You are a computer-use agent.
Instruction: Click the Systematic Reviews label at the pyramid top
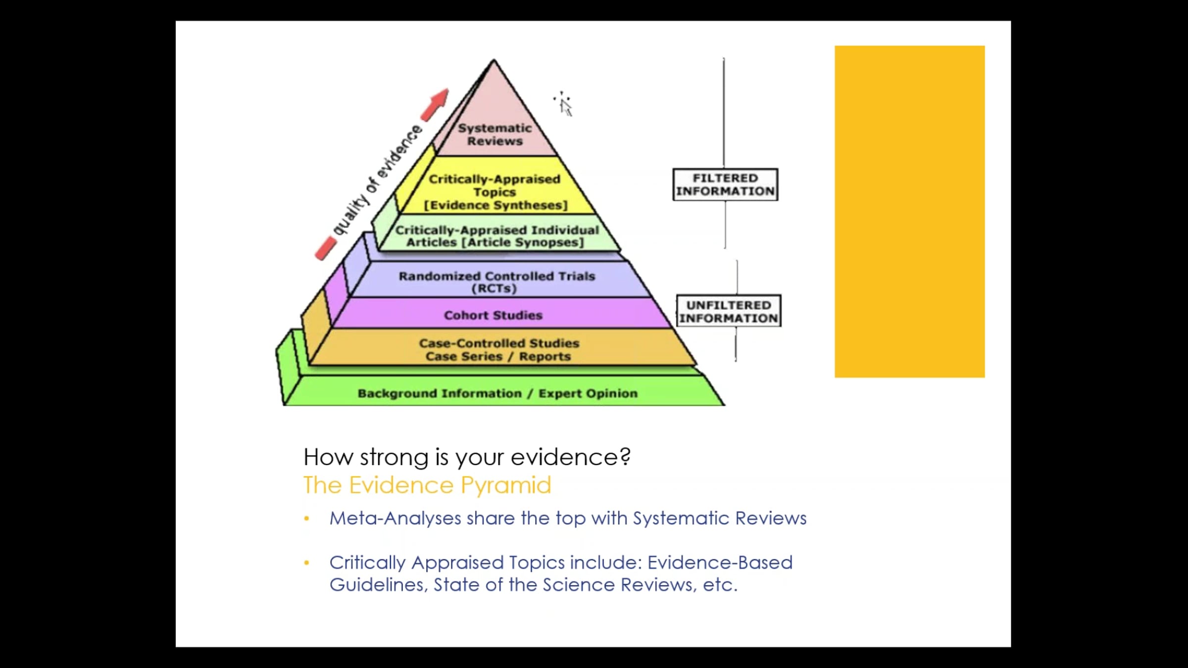click(x=495, y=135)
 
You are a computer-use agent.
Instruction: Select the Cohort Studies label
click(x=493, y=315)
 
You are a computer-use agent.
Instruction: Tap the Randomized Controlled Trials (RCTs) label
click(x=496, y=282)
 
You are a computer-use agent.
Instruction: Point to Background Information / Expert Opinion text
click(x=497, y=393)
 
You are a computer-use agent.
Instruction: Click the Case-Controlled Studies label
click(x=498, y=343)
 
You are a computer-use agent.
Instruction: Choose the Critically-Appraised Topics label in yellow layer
click(x=495, y=186)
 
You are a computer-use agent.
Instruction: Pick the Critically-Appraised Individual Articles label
click(x=496, y=236)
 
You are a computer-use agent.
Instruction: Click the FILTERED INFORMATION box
click(x=725, y=185)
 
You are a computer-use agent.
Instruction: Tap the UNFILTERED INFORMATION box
click(x=729, y=311)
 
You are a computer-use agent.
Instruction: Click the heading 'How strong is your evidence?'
click(x=467, y=457)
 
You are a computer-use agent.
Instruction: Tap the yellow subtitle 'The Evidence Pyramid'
click(x=427, y=485)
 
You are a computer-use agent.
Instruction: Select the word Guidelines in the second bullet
click(x=377, y=585)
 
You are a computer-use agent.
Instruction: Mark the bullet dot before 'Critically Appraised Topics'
click(x=307, y=563)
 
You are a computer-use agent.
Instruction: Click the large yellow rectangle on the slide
click(x=909, y=212)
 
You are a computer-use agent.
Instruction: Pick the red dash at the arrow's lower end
click(x=325, y=248)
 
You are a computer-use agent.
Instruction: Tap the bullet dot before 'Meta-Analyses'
click(x=307, y=519)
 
